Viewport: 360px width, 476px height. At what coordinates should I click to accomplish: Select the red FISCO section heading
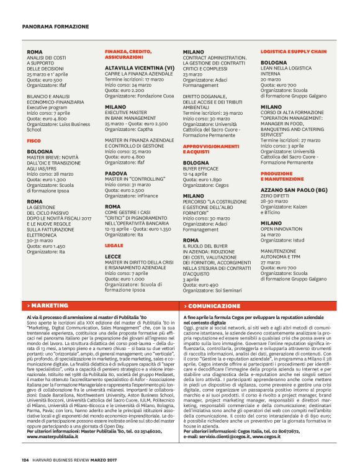click(x=34, y=141)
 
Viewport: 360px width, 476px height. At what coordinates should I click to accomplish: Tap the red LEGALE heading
click(x=113, y=246)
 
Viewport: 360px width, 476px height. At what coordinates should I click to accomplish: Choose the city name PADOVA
click(x=117, y=174)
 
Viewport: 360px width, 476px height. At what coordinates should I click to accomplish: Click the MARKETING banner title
click(x=50, y=306)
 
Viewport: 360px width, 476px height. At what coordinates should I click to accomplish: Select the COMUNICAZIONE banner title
click(x=214, y=306)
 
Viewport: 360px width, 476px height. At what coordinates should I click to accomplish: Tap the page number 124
click(x=25, y=460)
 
